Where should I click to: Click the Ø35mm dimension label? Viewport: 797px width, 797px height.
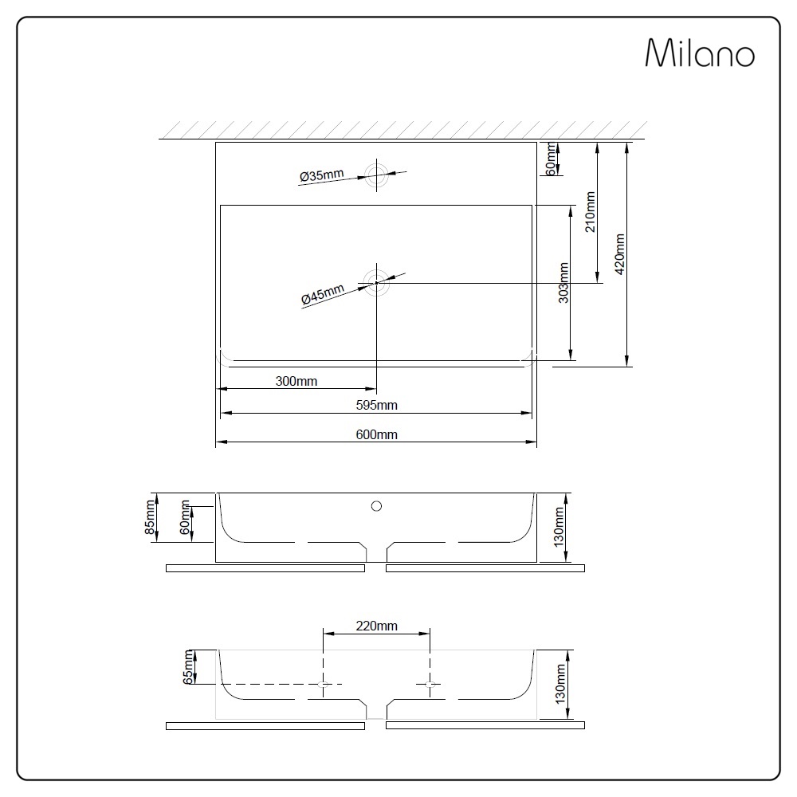pos(321,175)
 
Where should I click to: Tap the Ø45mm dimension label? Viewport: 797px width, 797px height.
pos(323,294)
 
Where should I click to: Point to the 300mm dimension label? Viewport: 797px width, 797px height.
pos(296,381)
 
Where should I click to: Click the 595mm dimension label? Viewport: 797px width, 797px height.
pos(376,405)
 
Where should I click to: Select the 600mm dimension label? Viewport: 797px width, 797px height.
pos(376,434)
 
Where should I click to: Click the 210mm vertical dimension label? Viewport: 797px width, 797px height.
pos(591,211)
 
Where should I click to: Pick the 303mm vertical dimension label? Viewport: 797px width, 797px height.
pos(563,282)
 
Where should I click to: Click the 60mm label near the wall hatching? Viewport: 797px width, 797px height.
pos(549,157)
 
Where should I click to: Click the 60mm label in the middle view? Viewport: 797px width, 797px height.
pos(186,519)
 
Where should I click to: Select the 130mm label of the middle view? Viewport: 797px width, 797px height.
pos(559,526)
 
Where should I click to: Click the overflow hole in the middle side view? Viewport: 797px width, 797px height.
pos(376,505)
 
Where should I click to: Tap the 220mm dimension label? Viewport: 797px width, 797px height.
pos(376,626)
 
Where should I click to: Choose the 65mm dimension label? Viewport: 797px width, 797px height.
pos(188,667)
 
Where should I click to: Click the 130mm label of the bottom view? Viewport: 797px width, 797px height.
pos(559,683)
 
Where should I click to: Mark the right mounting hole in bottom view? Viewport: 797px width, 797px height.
pos(430,684)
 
